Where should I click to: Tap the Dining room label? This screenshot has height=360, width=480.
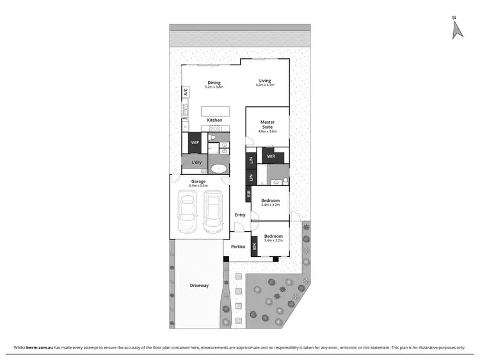213,83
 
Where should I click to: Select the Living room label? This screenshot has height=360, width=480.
265,81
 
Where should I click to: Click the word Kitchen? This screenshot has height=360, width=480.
214,120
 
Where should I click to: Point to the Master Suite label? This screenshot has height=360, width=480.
267,124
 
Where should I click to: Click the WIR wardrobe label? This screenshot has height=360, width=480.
271,156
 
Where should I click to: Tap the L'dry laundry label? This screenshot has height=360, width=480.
196,163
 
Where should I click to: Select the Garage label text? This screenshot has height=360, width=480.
198,181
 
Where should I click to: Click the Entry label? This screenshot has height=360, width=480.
240,215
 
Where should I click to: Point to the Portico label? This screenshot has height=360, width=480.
239,247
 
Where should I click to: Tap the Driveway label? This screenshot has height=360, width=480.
199,285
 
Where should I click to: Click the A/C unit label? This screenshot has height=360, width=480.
186,93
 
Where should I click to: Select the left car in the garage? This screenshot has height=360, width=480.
188,213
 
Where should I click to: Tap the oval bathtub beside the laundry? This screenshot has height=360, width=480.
219,169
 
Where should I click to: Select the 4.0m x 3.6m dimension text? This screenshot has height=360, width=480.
267,131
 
